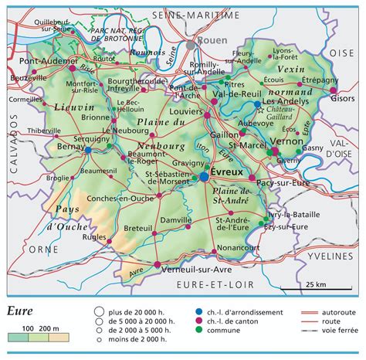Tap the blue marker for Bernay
[90, 149]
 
